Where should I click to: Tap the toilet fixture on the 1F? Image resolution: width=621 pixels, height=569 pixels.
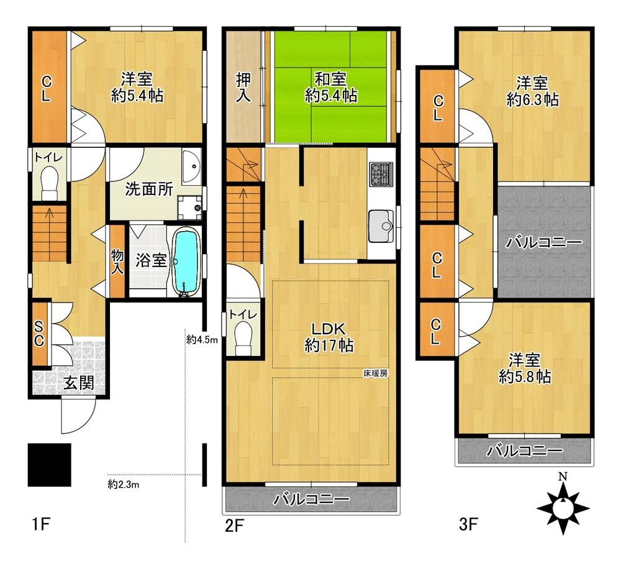tap(50, 183)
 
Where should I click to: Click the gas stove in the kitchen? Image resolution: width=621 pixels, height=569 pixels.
tap(381, 175)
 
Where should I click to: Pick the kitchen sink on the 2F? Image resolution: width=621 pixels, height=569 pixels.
tap(381, 226)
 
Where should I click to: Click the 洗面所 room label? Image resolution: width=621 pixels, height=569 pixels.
tap(149, 189)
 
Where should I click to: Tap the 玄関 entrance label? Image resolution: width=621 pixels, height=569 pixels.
tap(79, 383)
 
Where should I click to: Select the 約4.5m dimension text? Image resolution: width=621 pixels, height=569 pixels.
tap(202, 339)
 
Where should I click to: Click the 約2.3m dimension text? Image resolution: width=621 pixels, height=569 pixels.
tap(123, 484)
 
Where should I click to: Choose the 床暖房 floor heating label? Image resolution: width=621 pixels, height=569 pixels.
tap(376, 373)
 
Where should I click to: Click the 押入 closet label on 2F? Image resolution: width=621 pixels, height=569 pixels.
tap(243, 88)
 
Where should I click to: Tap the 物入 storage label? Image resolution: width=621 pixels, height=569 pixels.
tap(117, 262)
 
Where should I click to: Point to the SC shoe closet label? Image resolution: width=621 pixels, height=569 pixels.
tap(39, 333)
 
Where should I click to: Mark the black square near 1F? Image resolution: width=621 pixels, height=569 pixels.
tap(50, 465)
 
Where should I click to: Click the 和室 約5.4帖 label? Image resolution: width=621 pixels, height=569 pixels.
tap(331, 87)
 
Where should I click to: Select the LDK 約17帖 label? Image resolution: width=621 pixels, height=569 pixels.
tap(329, 337)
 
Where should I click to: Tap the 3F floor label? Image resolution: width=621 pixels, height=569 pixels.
tap(468, 525)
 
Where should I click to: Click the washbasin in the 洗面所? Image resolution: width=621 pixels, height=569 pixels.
tap(192, 166)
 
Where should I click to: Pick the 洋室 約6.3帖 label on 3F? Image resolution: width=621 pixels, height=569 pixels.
tap(532, 91)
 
